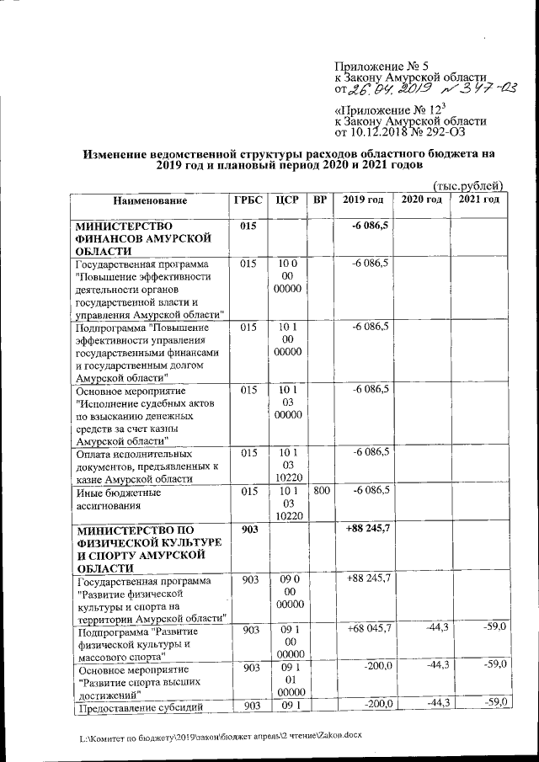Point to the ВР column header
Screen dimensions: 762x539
click(320, 200)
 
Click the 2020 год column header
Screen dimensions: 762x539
click(421, 200)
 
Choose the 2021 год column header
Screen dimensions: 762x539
click(479, 200)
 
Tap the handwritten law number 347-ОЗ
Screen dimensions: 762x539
click(474, 88)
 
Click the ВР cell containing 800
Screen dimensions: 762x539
click(320, 489)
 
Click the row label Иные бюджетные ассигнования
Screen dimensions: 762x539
click(118, 496)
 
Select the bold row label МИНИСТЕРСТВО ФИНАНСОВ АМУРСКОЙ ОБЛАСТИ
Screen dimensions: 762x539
click(138, 238)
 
